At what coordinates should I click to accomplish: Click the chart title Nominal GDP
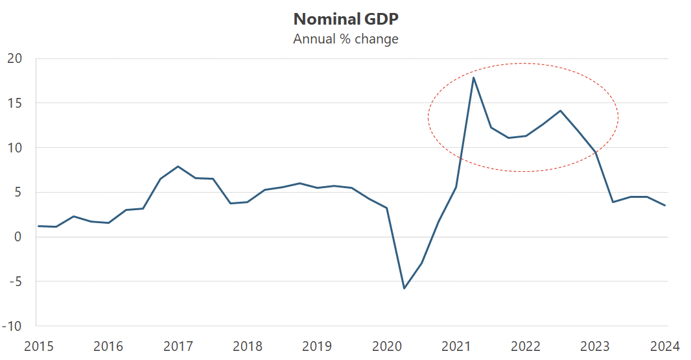point(345,18)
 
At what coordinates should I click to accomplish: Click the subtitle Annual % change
point(345,39)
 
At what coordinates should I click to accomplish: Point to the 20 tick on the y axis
point(15,58)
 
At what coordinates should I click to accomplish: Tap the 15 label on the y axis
point(15,103)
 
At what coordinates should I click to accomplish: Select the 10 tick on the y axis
point(15,148)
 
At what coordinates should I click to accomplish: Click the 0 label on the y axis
point(18,237)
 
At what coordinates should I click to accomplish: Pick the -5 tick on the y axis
point(15,282)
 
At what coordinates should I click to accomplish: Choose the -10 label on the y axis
point(12,326)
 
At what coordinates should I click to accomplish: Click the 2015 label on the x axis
point(38,346)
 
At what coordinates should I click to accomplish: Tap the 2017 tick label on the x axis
point(178,346)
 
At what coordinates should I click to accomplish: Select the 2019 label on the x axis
point(317,346)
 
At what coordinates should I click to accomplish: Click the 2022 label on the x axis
point(526,346)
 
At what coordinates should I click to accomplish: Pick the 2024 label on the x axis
point(665,346)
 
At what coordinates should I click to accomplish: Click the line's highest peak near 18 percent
point(474,78)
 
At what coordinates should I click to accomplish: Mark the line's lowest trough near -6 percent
point(404,288)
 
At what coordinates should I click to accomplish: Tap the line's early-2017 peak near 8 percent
point(178,166)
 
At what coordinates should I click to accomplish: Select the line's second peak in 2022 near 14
point(560,110)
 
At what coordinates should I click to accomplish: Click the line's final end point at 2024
point(665,206)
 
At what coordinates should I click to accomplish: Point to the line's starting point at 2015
point(38,226)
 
